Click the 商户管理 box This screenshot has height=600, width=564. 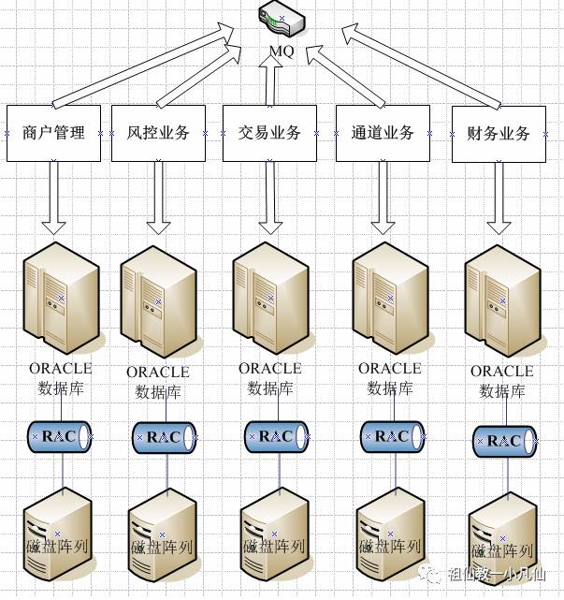click(53, 133)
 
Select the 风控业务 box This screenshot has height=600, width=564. click(158, 133)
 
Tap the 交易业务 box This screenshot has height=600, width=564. click(269, 133)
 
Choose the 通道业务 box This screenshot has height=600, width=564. click(383, 133)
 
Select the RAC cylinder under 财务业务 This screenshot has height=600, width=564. click(504, 441)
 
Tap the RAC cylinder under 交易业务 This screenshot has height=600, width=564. click(276, 435)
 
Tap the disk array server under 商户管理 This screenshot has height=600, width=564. click(58, 533)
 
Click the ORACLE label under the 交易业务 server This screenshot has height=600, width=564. click(270, 369)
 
